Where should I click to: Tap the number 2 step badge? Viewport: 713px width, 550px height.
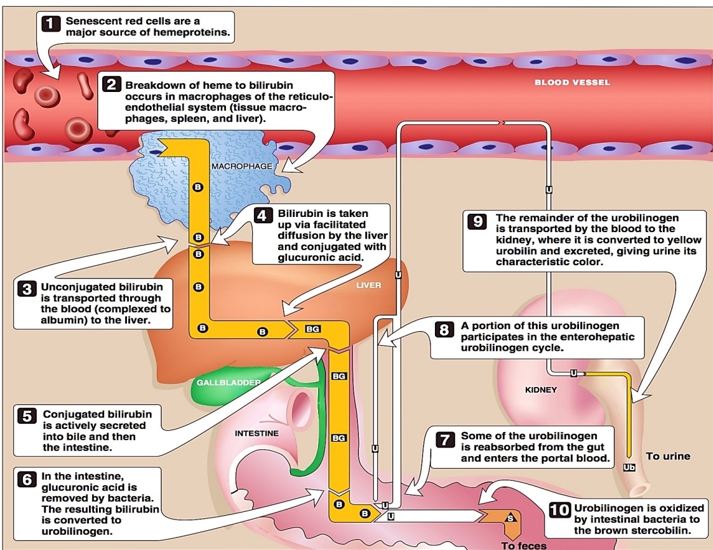point(112,85)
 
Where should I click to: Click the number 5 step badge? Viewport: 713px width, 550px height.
point(27,417)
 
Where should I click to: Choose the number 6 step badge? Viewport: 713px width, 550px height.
point(27,479)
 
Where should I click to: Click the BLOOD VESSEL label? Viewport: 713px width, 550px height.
point(571,82)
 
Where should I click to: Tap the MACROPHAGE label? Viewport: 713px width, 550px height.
point(241,166)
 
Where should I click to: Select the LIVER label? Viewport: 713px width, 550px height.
point(368,285)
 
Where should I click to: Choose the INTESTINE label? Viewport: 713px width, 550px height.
point(257,434)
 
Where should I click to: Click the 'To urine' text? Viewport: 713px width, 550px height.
point(667,456)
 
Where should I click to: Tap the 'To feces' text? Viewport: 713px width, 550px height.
point(524,545)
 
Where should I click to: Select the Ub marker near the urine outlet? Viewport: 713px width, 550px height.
point(629,468)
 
